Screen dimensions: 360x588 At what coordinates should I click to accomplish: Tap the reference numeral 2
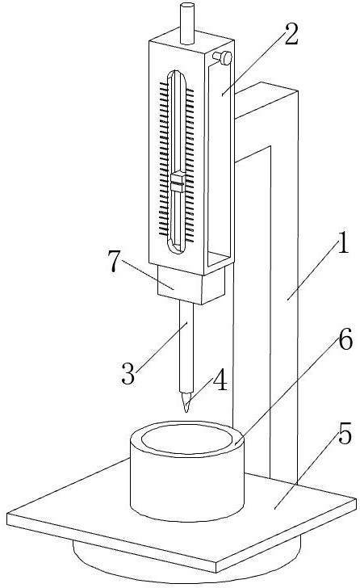(291, 35)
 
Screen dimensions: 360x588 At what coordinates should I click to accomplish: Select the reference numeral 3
(128, 373)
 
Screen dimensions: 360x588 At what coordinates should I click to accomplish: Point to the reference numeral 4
(220, 380)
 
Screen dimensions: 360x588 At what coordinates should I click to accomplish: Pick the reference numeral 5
(345, 433)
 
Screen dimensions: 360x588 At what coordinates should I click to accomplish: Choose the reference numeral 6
(345, 338)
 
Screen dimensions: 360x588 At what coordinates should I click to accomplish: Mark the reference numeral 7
(114, 261)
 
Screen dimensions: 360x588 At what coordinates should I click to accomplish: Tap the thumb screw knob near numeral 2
(224, 58)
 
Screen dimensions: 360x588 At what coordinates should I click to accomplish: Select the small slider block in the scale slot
(178, 182)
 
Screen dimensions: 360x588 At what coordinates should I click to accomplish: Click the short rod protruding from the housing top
(187, 23)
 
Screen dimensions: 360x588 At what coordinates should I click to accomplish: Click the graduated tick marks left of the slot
(163, 160)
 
